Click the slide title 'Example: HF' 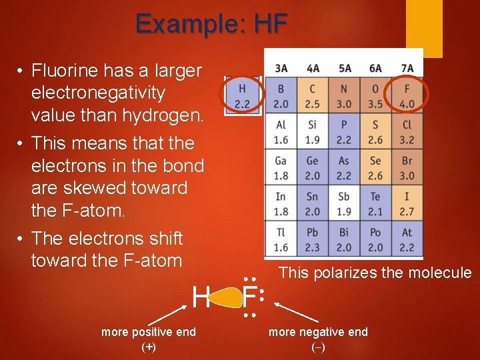click(211, 24)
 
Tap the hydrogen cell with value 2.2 click(242, 95)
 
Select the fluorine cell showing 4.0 click(407, 95)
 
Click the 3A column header click(281, 68)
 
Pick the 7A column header click(407, 68)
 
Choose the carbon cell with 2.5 click(313, 95)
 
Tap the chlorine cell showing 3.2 click(407, 132)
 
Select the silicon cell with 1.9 click(313, 132)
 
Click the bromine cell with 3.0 click(407, 168)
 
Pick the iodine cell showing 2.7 click(407, 204)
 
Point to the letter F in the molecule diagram click(250, 296)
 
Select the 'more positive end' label click(149, 332)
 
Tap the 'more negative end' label click(318, 332)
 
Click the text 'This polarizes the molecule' click(375, 273)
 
